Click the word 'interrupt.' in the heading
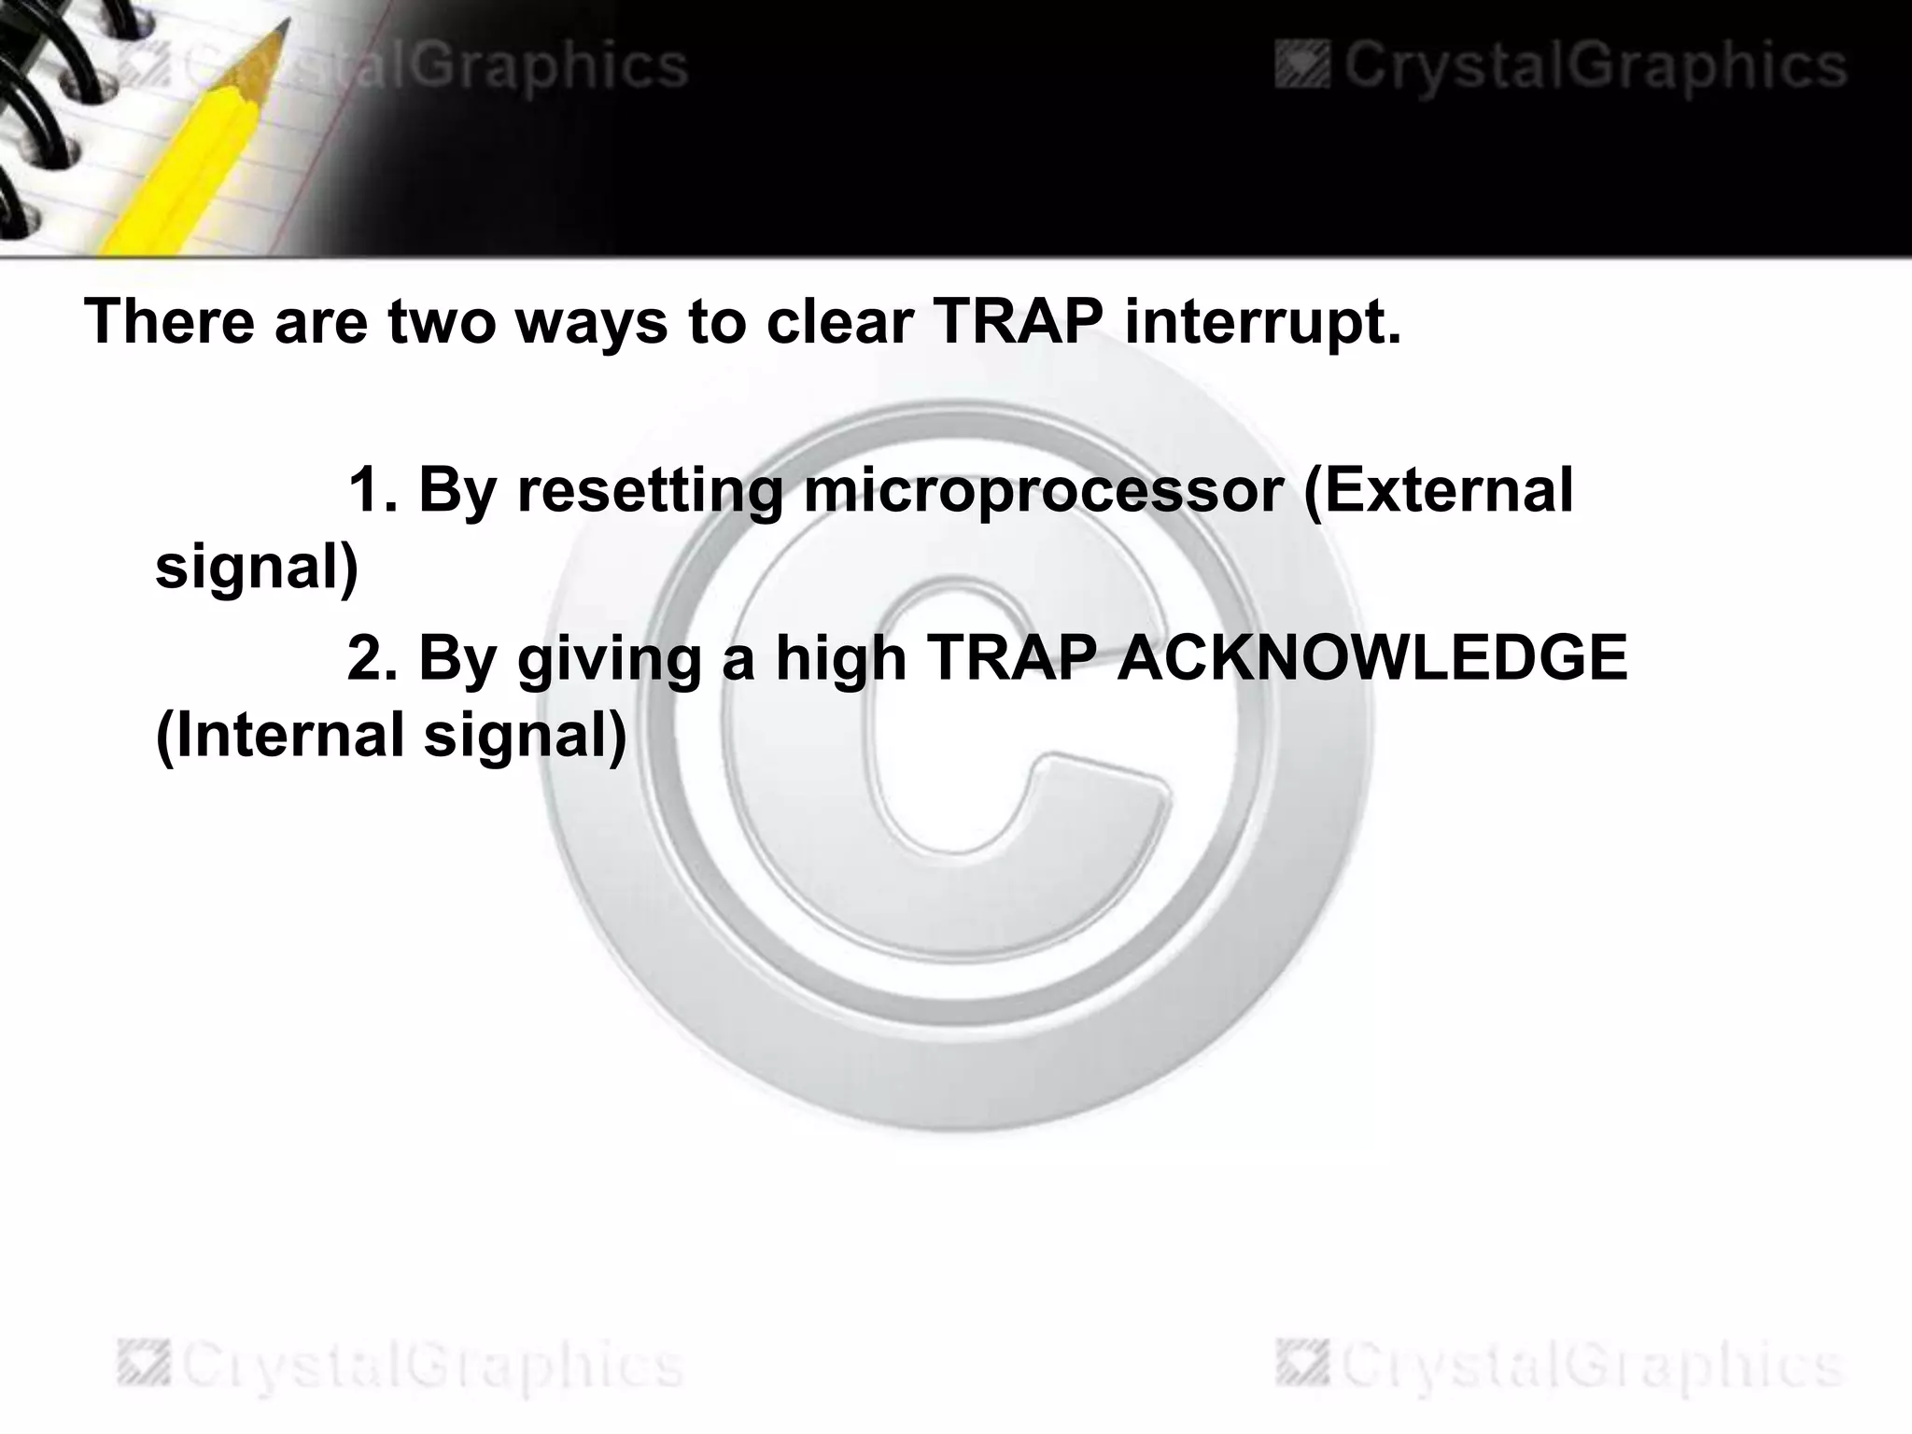pyautogui.click(x=1263, y=322)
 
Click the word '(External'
pyautogui.click(x=1439, y=489)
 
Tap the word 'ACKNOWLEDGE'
pyautogui.click(x=1372, y=657)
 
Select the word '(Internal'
pyautogui.click(x=279, y=734)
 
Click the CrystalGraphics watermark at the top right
pyautogui.click(x=1560, y=66)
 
